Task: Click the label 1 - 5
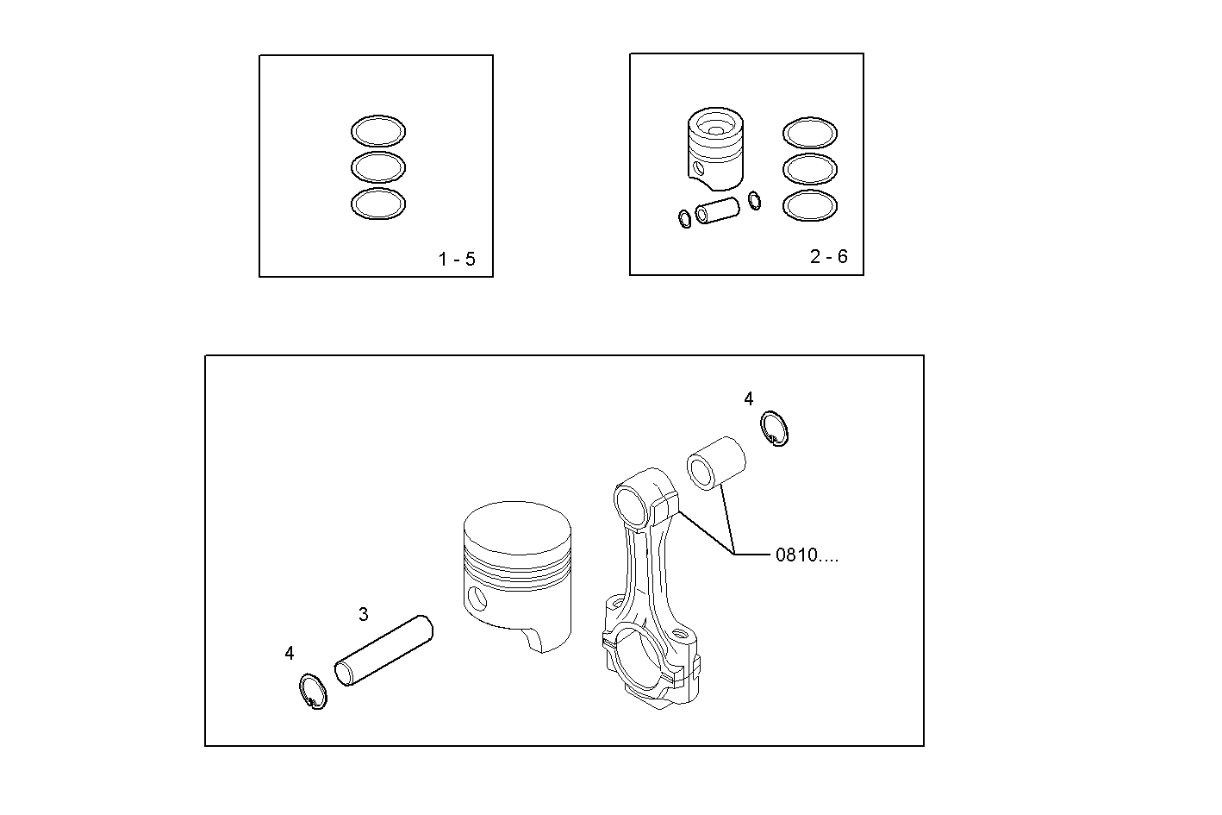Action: (x=456, y=259)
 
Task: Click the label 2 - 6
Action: (x=828, y=256)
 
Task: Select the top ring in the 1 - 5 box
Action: (x=378, y=131)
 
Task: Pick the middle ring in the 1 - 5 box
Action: (x=378, y=166)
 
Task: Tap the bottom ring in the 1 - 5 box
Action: (x=378, y=204)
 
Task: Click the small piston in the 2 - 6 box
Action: (x=715, y=148)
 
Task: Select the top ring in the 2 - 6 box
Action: (x=809, y=134)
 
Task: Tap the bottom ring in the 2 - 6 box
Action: (x=809, y=205)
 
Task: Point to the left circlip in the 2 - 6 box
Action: (x=684, y=219)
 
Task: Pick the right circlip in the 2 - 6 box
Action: (x=755, y=200)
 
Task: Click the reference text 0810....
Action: (x=807, y=555)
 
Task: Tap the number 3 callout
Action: (x=364, y=614)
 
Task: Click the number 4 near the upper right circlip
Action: (x=748, y=398)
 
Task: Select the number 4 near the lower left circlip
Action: (x=290, y=653)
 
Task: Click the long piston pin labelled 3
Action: (x=384, y=650)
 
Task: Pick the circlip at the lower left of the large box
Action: (x=313, y=692)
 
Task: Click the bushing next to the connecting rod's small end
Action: (x=715, y=463)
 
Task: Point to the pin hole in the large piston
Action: (x=477, y=598)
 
